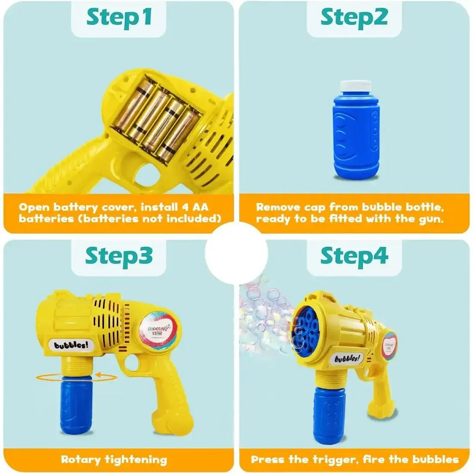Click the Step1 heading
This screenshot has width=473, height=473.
click(x=119, y=17)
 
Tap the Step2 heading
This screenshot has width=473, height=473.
click(x=354, y=17)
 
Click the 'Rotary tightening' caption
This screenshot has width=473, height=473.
click(x=114, y=459)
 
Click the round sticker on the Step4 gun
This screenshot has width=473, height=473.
click(x=389, y=346)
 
